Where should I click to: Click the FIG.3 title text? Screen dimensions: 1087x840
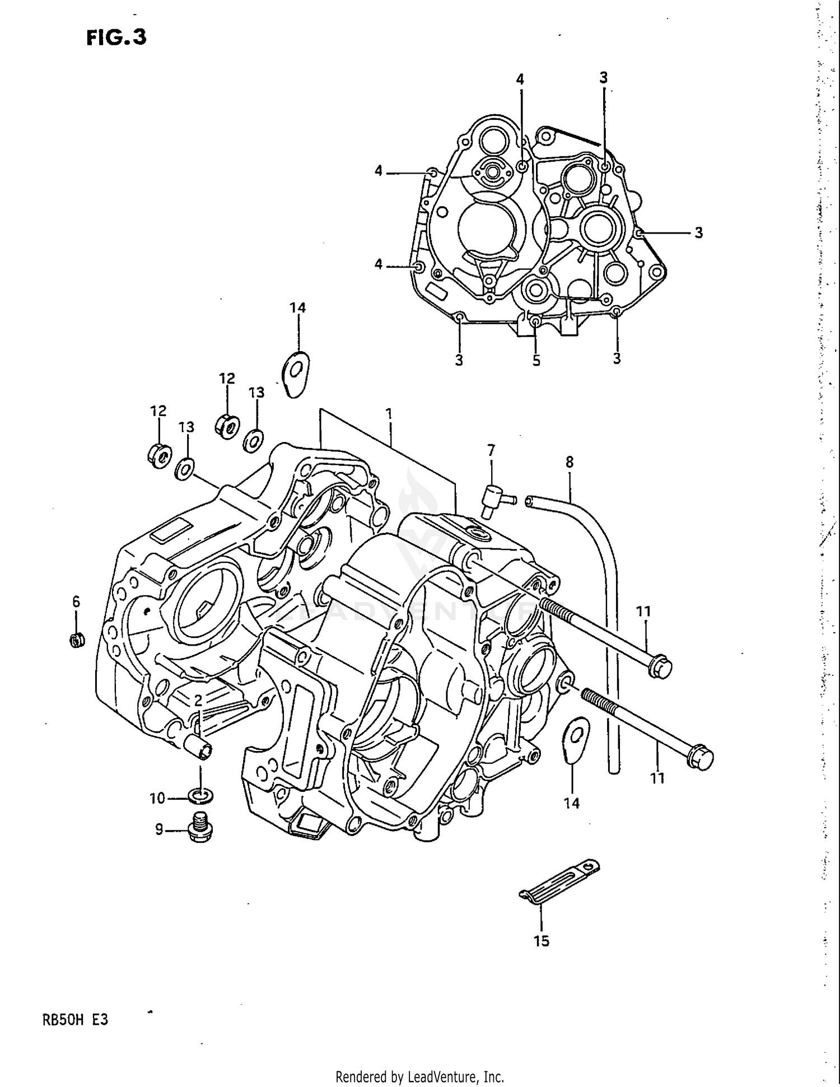pyautogui.click(x=116, y=37)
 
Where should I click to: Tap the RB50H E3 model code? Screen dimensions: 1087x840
pyautogui.click(x=75, y=1020)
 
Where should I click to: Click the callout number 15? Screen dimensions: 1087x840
pyautogui.click(x=541, y=941)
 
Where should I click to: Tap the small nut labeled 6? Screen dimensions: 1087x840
pyautogui.click(x=77, y=640)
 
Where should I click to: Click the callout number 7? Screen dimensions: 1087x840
pyautogui.click(x=491, y=450)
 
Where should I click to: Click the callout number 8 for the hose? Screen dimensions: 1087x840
pyautogui.click(x=570, y=463)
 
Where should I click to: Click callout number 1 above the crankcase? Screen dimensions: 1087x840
pyautogui.click(x=389, y=414)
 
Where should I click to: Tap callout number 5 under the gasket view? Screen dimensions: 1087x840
pyautogui.click(x=536, y=361)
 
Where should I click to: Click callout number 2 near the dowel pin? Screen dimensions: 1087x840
pyautogui.click(x=198, y=700)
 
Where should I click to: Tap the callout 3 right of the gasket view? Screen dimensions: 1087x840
pyautogui.click(x=699, y=232)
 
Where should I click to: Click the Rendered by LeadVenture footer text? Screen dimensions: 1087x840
pyautogui.click(x=419, y=1076)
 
